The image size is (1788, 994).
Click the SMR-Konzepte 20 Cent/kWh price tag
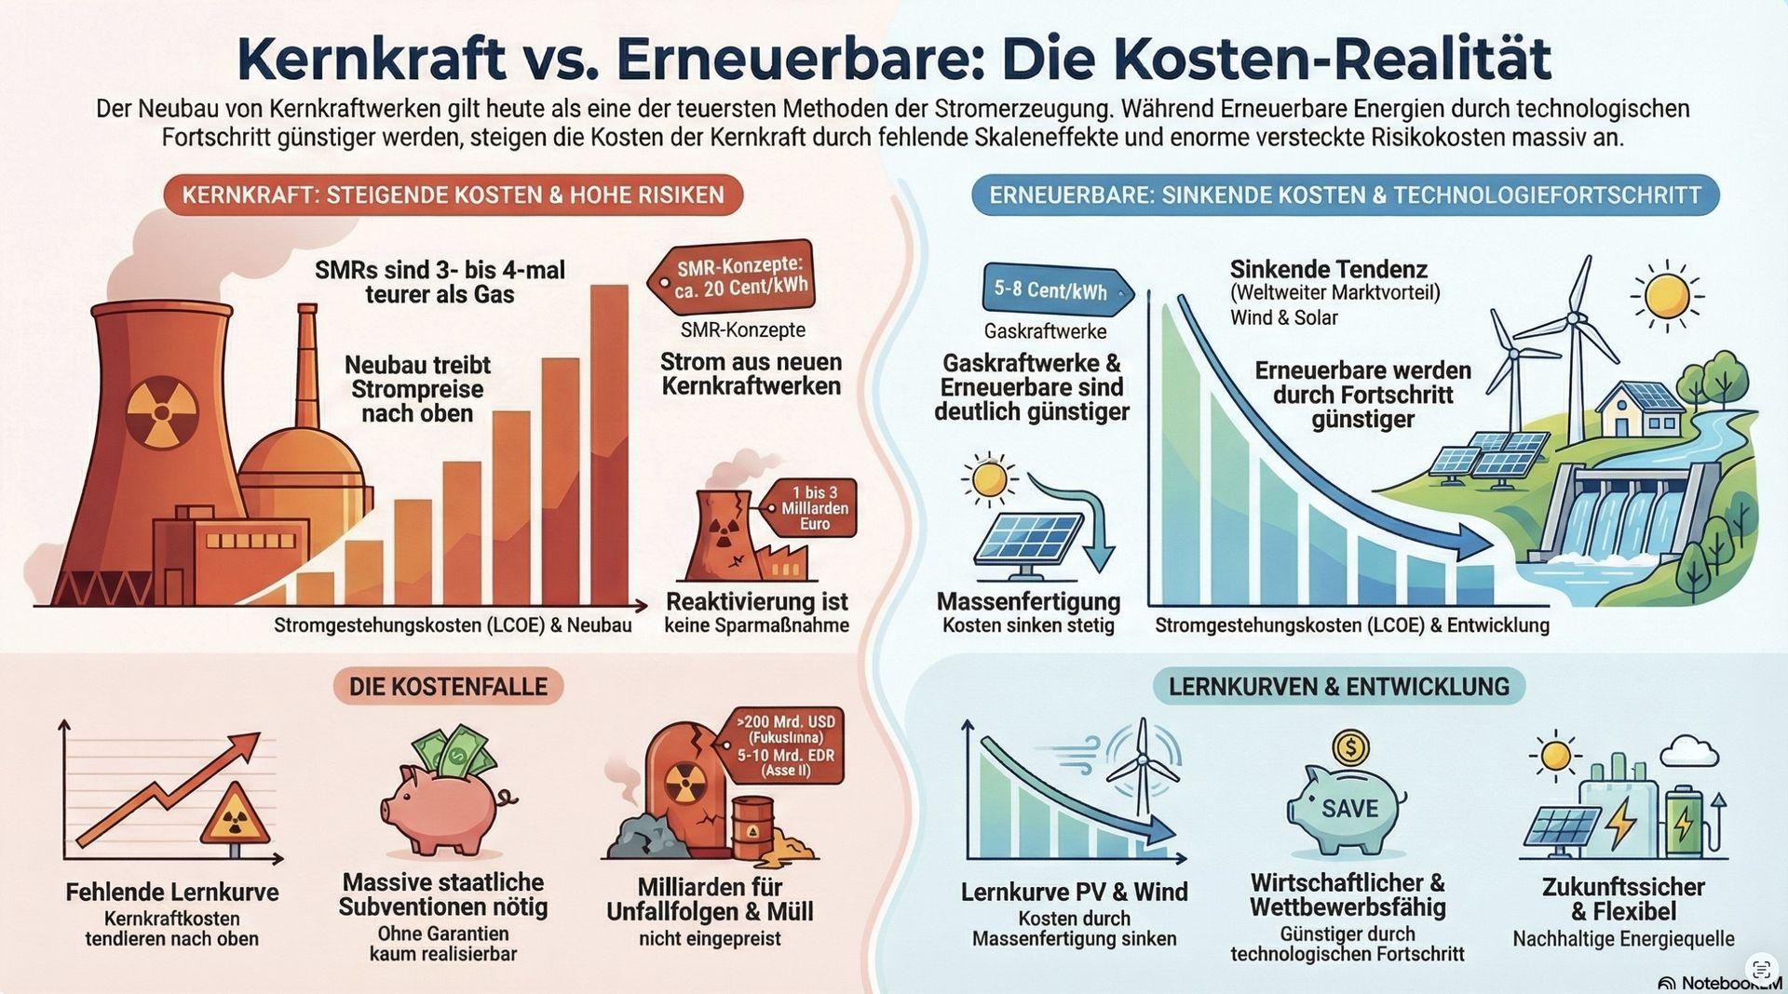[x=736, y=277]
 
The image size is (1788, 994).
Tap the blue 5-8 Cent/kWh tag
[x=1052, y=290]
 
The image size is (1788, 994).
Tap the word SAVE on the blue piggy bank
[x=1349, y=809]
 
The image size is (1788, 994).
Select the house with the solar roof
[x=1641, y=409]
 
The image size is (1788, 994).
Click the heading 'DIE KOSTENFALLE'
[x=448, y=687]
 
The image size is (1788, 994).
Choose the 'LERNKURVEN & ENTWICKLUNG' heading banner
[x=1339, y=687]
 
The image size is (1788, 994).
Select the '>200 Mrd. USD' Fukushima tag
[x=786, y=745]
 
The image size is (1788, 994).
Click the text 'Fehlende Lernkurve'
[x=172, y=893]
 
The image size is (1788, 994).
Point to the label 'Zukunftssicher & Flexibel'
[x=1623, y=899]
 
